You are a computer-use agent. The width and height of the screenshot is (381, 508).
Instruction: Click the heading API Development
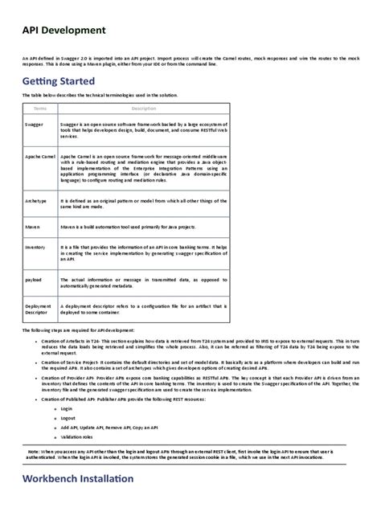pos(64,31)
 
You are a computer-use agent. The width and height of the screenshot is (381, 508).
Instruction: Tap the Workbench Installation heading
pos(78,479)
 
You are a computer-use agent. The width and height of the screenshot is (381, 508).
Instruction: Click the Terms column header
pos(40,108)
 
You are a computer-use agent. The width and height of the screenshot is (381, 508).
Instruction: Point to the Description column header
pos(143,108)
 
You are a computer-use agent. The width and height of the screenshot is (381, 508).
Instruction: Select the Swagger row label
pos(35,125)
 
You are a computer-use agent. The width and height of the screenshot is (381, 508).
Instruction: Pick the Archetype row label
pos(37,200)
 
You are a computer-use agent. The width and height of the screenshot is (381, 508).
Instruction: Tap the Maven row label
pos(33,227)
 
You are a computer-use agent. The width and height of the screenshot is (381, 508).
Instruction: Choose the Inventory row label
pos(35,248)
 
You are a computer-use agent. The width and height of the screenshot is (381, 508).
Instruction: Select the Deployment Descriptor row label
pos(39,310)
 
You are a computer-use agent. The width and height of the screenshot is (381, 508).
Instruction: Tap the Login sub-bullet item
pos(67,408)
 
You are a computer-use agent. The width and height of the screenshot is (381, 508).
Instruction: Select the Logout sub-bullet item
pos(68,418)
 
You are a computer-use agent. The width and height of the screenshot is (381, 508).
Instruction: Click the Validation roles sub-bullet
pos(77,436)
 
